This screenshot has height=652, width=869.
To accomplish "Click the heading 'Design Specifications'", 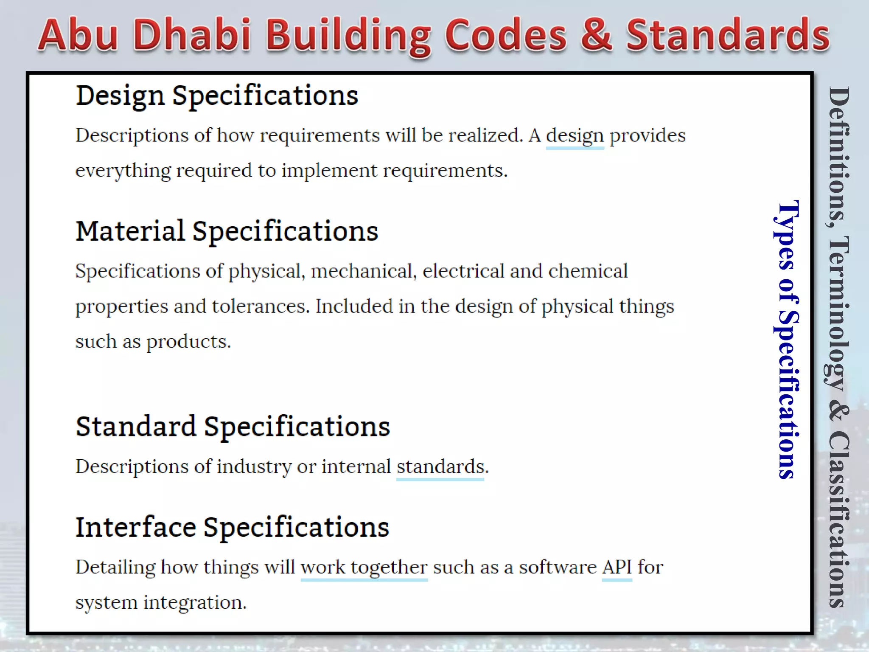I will [217, 96].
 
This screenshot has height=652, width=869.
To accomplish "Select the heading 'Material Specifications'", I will [227, 232].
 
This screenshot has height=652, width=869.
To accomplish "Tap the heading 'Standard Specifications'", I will [233, 427].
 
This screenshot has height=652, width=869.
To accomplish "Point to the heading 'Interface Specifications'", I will [232, 528].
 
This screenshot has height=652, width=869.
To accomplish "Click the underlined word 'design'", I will [575, 136].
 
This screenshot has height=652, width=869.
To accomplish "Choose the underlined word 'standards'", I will [440, 467].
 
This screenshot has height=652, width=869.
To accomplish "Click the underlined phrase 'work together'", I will [364, 568].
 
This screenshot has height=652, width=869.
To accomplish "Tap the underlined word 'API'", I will [617, 568].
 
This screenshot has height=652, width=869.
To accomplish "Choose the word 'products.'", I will [189, 342].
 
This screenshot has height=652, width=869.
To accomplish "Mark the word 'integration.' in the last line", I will [195, 603].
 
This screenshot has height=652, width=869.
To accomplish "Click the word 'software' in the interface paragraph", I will [558, 568].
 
